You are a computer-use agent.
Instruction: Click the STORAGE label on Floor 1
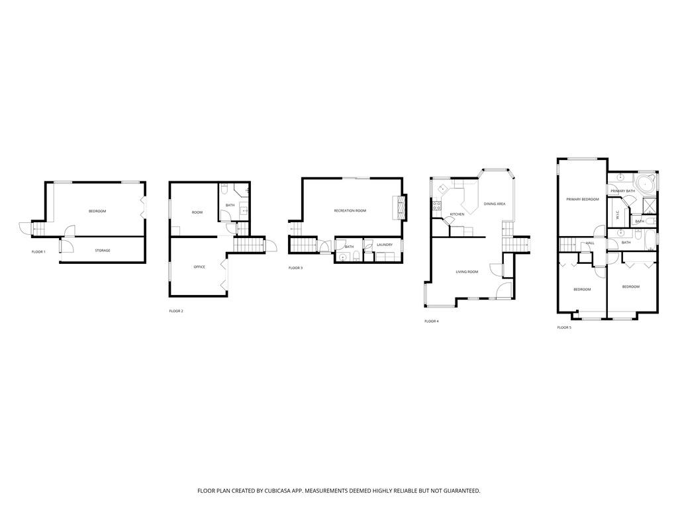point(103,251)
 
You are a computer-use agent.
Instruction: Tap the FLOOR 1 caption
point(38,252)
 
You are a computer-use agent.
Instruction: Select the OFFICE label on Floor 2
point(199,267)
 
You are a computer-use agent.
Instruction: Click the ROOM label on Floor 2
point(197,212)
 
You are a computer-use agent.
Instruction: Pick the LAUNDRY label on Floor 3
point(385,245)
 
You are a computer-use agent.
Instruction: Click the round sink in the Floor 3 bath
point(343,257)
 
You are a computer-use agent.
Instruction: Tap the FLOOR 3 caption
point(296,269)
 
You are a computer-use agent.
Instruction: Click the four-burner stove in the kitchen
point(437,206)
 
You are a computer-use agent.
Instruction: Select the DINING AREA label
point(495,204)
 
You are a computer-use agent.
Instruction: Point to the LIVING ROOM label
point(467,272)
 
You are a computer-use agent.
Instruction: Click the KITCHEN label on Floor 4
point(457,214)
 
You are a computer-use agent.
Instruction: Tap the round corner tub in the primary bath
point(646,185)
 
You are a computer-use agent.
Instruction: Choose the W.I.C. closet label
point(618,215)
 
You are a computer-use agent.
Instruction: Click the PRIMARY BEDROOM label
point(583,200)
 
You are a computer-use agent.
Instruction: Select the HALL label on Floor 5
point(590,243)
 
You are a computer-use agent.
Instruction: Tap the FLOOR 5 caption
point(564,328)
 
